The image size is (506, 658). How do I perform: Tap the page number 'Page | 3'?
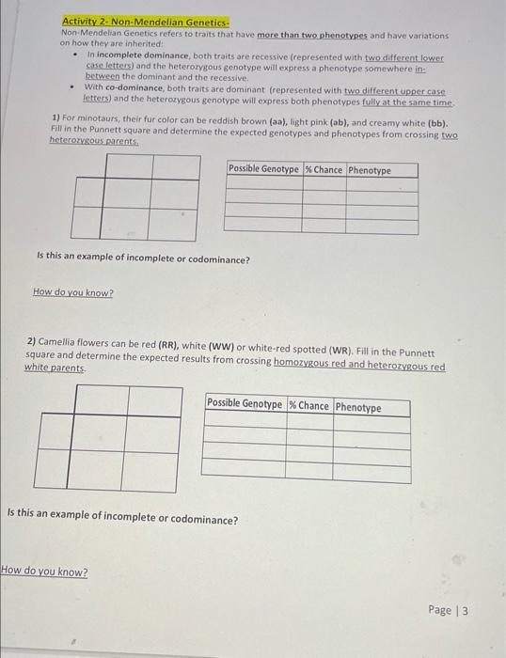point(448,610)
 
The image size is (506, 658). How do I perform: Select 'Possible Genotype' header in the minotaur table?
point(264,169)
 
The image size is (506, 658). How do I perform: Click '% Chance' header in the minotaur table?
point(324,169)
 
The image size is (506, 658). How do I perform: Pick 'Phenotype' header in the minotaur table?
point(370,170)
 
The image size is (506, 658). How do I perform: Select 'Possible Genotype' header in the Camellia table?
point(245,405)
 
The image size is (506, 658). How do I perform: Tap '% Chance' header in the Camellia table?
point(309,406)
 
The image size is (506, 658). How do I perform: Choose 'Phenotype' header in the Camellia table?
point(359,407)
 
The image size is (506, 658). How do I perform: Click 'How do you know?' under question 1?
point(73,292)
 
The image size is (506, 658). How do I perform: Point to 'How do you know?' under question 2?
point(45,572)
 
